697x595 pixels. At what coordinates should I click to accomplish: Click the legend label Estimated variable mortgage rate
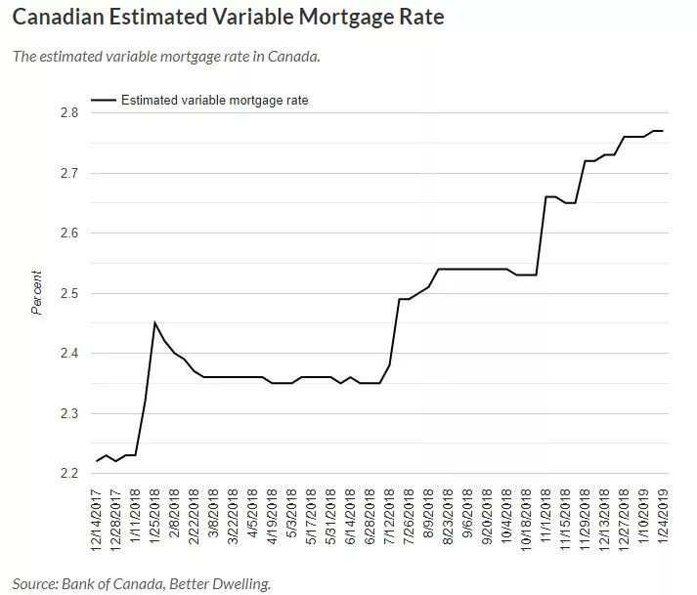[x=214, y=100]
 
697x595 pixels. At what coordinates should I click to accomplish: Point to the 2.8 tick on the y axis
[x=68, y=113]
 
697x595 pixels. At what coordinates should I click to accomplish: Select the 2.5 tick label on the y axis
[x=68, y=294]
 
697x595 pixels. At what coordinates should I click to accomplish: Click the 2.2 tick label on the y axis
[x=68, y=474]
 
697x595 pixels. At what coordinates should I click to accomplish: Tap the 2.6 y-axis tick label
[x=68, y=234]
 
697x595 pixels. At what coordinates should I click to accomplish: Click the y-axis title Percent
[x=38, y=293]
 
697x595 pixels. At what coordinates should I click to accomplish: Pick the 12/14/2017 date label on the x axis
[x=98, y=524]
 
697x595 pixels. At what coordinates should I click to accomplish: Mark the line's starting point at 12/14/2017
[x=97, y=461]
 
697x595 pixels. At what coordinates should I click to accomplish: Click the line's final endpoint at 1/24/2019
[x=663, y=131]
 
